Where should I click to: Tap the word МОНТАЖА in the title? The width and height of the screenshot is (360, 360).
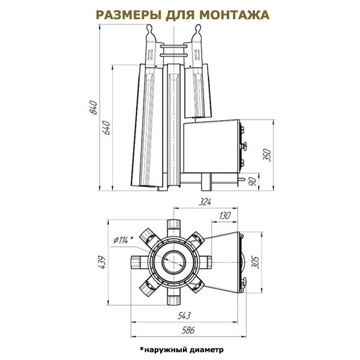tap(235, 15)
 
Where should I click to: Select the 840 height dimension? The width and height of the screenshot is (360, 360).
tap(94, 107)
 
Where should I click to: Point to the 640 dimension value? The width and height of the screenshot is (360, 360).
tap(106, 128)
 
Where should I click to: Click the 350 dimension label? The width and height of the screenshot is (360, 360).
tap(268, 155)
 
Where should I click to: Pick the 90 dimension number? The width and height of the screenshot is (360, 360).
tap(253, 182)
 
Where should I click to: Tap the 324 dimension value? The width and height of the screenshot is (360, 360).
tap(205, 202)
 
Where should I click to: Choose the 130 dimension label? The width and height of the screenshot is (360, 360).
tap(224, 216)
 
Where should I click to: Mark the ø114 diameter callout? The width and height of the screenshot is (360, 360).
tap(123, 240)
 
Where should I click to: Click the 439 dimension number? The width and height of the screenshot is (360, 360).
tap(101, 262)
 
